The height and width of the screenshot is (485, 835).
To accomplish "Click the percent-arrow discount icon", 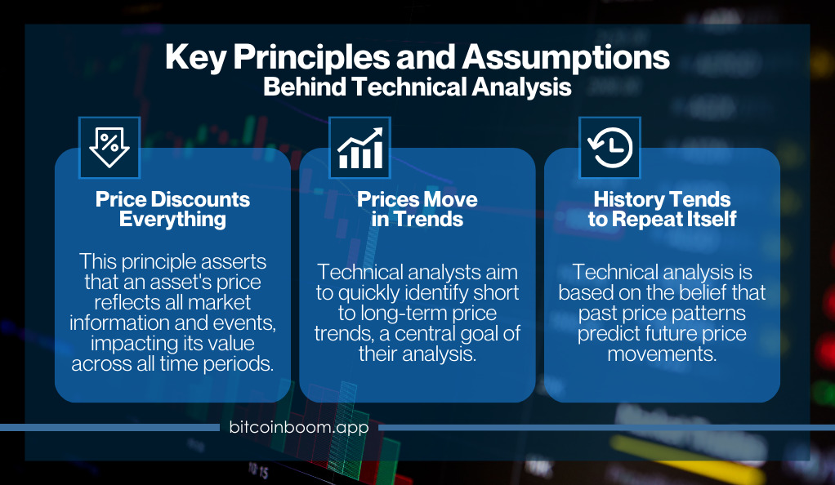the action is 109,148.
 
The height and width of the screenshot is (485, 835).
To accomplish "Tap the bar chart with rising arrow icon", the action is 360,148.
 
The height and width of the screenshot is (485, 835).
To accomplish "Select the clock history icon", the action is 610,148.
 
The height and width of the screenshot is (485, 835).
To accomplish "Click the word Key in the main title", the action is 195,57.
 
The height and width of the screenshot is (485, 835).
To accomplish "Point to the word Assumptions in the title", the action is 565,57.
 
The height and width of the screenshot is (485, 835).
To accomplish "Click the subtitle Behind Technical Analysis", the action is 417,87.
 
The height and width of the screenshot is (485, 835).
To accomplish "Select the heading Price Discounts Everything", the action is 172,209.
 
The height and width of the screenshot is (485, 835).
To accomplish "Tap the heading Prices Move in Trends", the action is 417,209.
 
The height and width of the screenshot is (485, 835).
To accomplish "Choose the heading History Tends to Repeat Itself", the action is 662,209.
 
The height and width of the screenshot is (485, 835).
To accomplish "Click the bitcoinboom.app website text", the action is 299,427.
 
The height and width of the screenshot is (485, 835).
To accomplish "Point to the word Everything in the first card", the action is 172,220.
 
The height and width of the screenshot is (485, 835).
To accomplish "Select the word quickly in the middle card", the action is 370,293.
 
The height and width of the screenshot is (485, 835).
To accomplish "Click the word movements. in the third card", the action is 662,354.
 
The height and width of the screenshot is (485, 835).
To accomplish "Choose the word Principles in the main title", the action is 311,57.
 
